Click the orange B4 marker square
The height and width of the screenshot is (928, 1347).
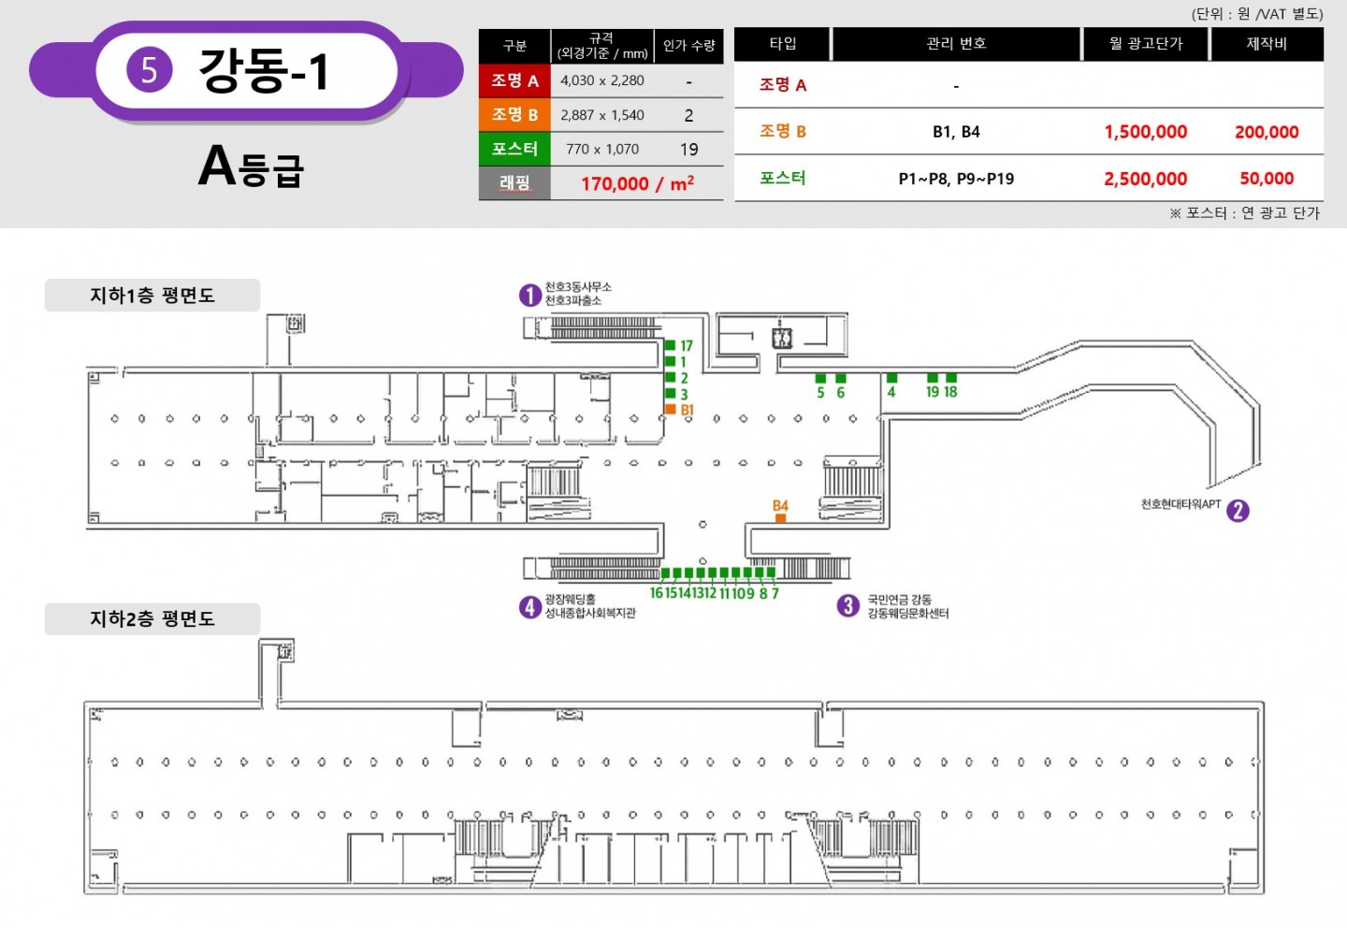[x=780, y=518]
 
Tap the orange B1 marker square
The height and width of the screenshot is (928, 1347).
[x=671, y=409]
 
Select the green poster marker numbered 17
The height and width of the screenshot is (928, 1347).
[x=670, y=345]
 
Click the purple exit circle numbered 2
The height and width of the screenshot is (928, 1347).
[x=1238, y=511]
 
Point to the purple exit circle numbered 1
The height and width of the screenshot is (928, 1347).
[x=529, y=296]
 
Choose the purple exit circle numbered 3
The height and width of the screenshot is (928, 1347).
[x=847, y=605]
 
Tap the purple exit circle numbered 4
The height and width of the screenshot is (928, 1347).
[x=529, y=607]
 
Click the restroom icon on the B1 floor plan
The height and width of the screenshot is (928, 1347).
[x=782, y=338]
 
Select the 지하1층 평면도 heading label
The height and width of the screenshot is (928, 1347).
[x=152, y=296]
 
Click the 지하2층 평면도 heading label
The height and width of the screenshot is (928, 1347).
[x=152, y=619]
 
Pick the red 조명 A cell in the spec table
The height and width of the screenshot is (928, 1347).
[x=514, y=80]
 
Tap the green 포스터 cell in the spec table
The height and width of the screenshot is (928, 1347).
[x=514, y=149]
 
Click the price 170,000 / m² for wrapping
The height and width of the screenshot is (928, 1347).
[x=637, y=183]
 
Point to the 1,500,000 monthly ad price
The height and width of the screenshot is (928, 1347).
[x=1146, y=132]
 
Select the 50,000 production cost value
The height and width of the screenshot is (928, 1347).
[x=1267, y=179]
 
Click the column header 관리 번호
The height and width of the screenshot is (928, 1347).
[x=956, y=43]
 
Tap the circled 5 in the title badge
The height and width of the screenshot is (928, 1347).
[x=149, y=70]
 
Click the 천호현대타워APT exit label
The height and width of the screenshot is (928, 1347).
[x=1181, y=504]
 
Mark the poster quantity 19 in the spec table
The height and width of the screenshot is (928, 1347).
[x=688, y=149]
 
